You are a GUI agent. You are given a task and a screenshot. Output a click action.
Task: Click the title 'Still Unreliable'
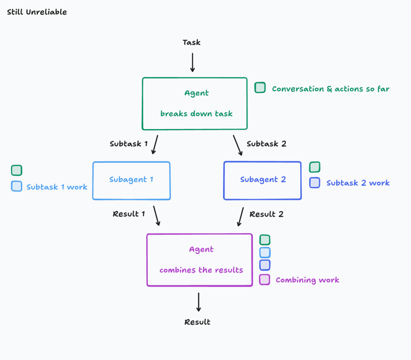tap(37, 12)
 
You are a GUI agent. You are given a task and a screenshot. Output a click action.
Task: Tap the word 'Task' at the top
tap(191, 42)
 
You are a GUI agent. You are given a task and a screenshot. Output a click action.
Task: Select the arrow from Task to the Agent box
tap(193, 62)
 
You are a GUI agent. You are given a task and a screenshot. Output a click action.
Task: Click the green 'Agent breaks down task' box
tap(195, 103)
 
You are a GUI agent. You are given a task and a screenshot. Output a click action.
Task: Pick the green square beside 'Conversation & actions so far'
tap(260, 88)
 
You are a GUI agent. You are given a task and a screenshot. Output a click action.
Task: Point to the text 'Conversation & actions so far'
tap(331, 89)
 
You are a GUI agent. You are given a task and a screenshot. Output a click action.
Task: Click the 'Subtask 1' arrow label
tap(129, 144)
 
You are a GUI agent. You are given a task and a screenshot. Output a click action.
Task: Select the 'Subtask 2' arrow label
tap(266, 144)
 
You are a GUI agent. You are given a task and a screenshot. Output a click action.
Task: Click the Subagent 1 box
tap(131, 180)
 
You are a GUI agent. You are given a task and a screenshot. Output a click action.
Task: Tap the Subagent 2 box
tap(263, 180)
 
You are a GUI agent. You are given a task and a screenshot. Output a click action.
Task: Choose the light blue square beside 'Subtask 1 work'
tap(17, 186)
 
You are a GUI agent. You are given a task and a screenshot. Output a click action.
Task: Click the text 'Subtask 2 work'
tap(358, 183)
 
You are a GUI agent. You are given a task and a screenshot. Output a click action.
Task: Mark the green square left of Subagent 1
tap(17, 170)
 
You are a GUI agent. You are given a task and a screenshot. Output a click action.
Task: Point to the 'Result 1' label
tap(129, 214)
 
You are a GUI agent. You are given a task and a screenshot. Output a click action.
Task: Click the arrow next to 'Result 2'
tap(241, 216)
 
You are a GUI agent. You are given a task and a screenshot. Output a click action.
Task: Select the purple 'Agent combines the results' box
tap(200, 260)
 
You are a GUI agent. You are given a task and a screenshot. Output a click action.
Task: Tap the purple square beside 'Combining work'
tap(264, 280)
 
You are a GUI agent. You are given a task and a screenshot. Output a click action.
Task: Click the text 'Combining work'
tap(307, 280)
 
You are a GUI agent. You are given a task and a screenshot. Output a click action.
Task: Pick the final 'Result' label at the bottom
tap(197, 322)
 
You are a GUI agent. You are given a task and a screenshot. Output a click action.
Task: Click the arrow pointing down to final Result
tap(198, 302)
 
